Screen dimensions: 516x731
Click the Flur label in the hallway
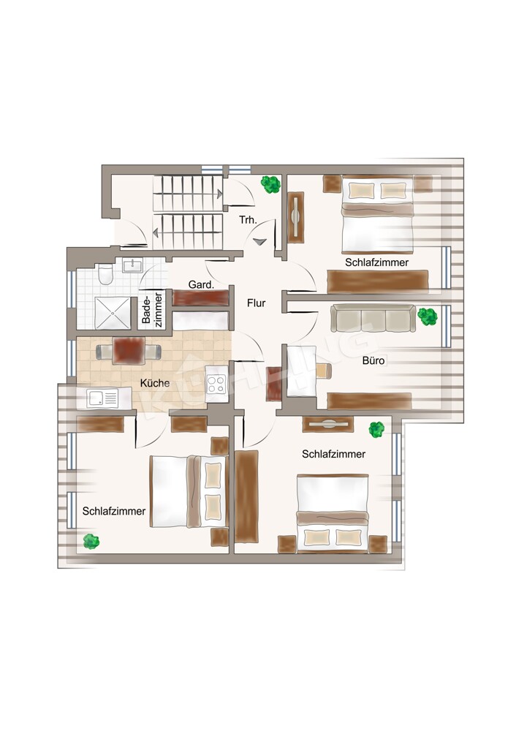pyautogui.click(x=257, y=303)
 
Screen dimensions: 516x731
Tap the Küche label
pyautogui.click(x=155, y=383)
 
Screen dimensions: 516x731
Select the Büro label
pyautogui.click(x=373, y=360)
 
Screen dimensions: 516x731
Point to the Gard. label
pyautogui.click(x=201, y=284)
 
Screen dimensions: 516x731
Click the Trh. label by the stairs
pyautogui.click(x=248, y=220)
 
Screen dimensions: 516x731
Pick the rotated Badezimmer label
pyautogui.click(x=153, y=309)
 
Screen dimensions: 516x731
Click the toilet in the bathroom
pyautogui.click(x=105, y=274)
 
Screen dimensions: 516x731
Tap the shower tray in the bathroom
pyautogui.click(x=113, y=314)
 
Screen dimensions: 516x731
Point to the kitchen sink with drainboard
pyautogui.click(x=103, y=398)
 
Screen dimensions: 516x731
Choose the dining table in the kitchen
pyautogui.click(x=128, y=352)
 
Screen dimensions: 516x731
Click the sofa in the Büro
pyautogui.click(x=373, y=319)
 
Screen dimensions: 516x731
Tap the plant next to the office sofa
pyautogui.click(x=427, y=316)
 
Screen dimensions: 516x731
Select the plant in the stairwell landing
pyautogui.click(x=270, y=184)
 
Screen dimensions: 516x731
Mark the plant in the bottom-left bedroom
pyautogui.click(x=91, y=541)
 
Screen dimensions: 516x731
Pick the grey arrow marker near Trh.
pyautogui.click(x=260, y=241)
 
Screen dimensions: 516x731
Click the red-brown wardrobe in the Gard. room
pyautogui.click(x=201, y=298)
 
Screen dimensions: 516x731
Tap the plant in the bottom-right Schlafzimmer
pyautogui.click(x=376, y=429)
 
